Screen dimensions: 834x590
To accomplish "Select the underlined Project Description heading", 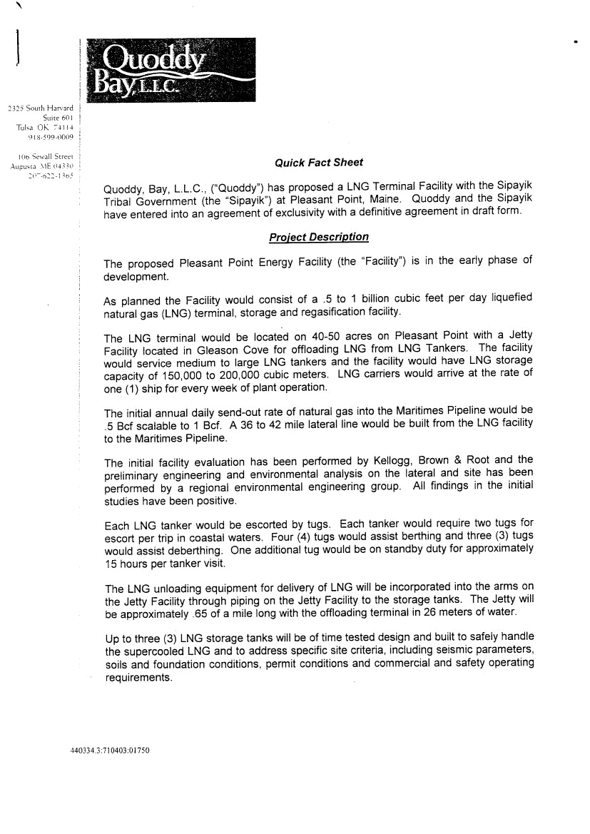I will (319, 237).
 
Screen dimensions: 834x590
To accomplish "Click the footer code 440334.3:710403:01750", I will (111, 751).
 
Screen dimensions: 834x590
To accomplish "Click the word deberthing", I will (174, 550).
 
